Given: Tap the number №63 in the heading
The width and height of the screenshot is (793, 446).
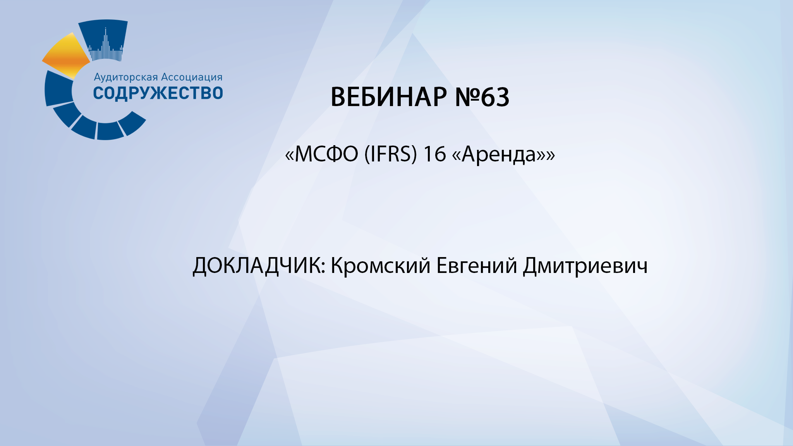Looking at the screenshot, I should click(x=482, y=97).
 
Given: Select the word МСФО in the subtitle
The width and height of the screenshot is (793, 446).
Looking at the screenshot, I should click(x=326, y=154).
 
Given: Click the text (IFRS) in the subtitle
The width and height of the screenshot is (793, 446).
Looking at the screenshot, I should click(x=391, y=154).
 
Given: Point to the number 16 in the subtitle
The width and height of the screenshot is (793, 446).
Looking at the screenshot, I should click(x=434, y=154).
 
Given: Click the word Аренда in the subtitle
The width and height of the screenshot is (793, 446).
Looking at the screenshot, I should click(x=499, y=155).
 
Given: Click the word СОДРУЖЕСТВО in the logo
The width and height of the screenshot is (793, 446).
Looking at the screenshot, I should click(x=158, y=93).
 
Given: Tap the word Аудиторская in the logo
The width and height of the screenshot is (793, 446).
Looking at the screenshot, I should click(x=126, y=77).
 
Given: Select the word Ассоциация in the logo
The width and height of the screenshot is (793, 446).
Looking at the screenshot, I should click(x=192, y=77).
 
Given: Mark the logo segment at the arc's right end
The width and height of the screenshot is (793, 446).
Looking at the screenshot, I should click(x=132, y=123).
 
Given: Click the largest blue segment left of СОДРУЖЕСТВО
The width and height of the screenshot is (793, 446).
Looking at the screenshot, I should click(x=58, y=88).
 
